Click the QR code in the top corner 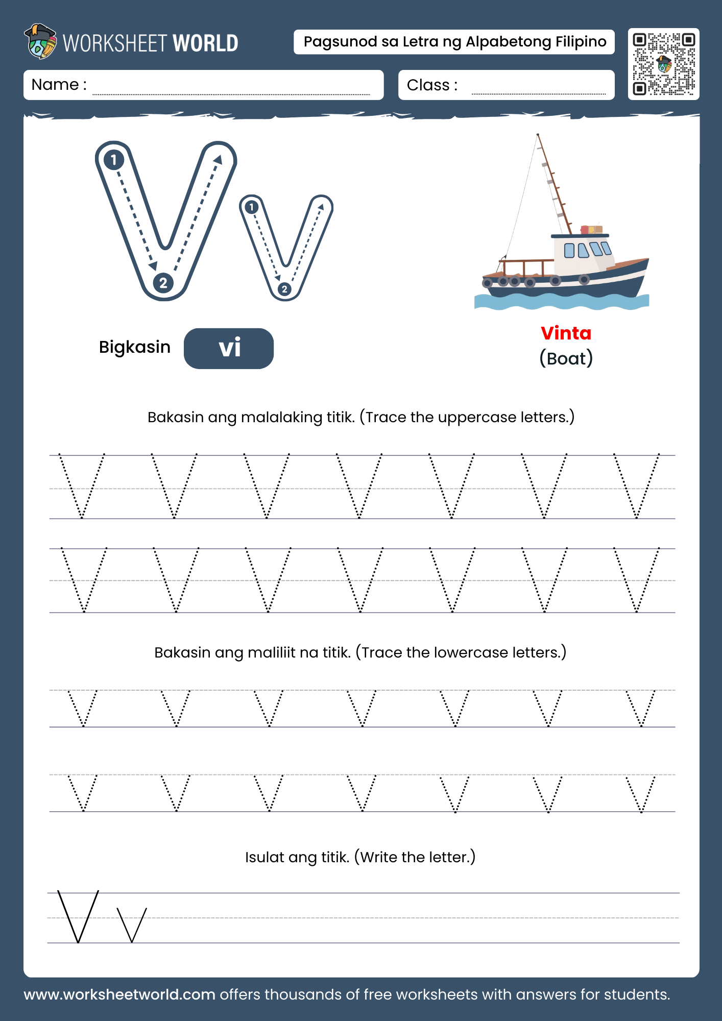pos(663,64)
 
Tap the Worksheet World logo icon pos(40,41)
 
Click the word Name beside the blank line pos(55,84)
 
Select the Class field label pos(428,85)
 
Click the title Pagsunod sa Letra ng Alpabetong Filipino pos(454,42)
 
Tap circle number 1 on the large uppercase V pos(114,160)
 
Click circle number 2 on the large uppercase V pos(163,282)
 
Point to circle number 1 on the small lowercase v pos(251,207)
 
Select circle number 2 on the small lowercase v pos(284,289)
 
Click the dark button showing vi pos(229,348)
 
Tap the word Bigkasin pos(134,347)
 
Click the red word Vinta pos(566,333)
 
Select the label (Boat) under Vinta pos(566,358)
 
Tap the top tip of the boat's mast pos(538,135)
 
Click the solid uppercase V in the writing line pos(78,916)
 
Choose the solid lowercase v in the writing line pos(132,925)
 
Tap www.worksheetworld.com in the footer pos(119,994)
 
